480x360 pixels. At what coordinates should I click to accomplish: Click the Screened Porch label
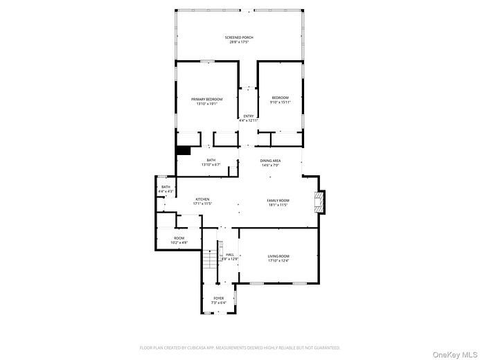click(x=239, y=37)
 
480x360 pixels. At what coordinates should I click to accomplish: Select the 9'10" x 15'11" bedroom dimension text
click(x=280, y=102)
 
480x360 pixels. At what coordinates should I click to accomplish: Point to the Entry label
click(x=249, y=116)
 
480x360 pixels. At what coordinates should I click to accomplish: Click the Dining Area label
click(x=270, y=161)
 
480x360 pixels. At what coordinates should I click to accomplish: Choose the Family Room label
click(x=278, y=200)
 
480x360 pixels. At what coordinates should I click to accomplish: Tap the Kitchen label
click(x=202, y=199)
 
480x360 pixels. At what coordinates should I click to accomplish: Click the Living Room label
click(x=278, y=256)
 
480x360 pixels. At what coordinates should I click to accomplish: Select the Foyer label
click(x=218, y=298)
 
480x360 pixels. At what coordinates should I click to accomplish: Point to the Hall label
click(x=230, y=254)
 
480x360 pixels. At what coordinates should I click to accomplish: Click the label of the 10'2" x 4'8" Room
click(x=179, y=238)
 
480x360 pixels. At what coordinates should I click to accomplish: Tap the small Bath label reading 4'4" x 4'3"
click(x=166, y=186)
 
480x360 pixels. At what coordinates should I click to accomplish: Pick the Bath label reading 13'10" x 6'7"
click(x=211, y=160)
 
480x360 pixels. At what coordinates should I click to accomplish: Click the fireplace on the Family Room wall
click(x=319, y=201)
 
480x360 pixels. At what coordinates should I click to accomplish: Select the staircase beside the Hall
click(x=211, y=260)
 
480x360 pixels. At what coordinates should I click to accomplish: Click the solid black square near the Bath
click(x=184, y=150)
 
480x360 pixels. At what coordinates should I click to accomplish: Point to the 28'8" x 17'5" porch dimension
click(x=239, y=42)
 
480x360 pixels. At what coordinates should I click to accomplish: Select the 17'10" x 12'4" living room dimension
click(x=278, y=260)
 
